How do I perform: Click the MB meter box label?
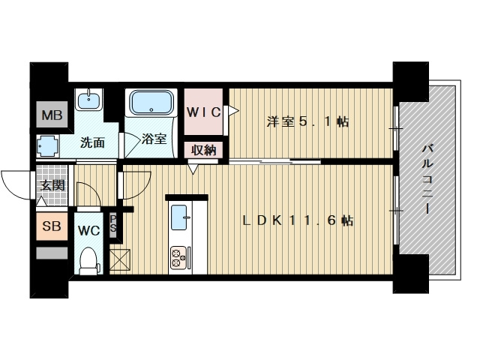[x=52, y=115]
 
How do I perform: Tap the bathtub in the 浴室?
[x=151, y=102]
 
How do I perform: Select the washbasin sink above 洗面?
[x=88, y=100]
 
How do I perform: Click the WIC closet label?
[x=203, y=112]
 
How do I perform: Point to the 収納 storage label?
[x=203, y=150]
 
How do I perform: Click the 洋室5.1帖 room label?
[x=307, y=121]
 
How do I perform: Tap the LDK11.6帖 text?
[x=298, y=220]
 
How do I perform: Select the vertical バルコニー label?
[x=427, y=179]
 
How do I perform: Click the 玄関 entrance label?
[x=52, y=185]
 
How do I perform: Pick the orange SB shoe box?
[x=52, y=226]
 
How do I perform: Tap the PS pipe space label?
[x=113, y=223]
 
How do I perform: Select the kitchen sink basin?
[x=178, y=217]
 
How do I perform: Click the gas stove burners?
[x=178, y=258]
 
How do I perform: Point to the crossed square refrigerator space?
[x=120, y=259]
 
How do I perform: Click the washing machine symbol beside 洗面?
[x=47, y=146]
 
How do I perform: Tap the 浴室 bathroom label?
[x=154, y=139]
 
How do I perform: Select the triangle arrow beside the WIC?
[x=233, y=110]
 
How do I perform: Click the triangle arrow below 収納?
[x=193, y=169]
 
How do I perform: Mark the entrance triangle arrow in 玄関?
[x=41, y=201]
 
